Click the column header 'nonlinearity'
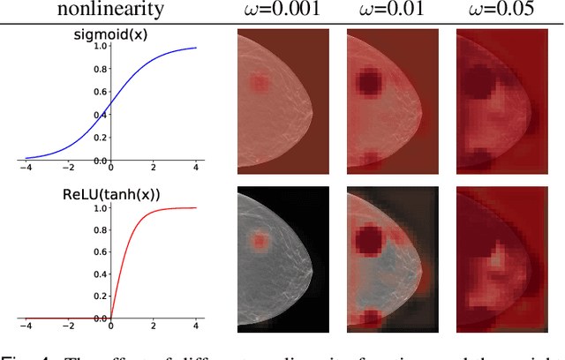coord(109,11)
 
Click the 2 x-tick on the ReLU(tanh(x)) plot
coord(153,326)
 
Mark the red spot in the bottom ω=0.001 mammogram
coord(259,240)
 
